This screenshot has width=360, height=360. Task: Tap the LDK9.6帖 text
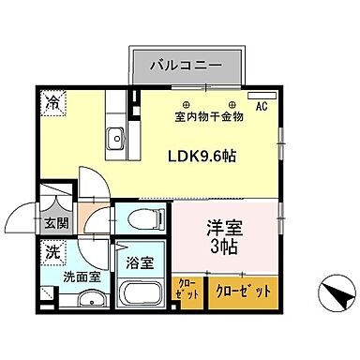tap(201, 157)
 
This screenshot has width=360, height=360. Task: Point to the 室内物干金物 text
tap(209, 116)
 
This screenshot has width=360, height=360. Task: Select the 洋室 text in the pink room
tap(226, 227)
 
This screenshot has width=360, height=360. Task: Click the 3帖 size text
tap(226, 248)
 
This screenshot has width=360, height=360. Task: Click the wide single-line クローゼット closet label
tap(244, 291)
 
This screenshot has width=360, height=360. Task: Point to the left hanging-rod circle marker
tap(186, 103)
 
